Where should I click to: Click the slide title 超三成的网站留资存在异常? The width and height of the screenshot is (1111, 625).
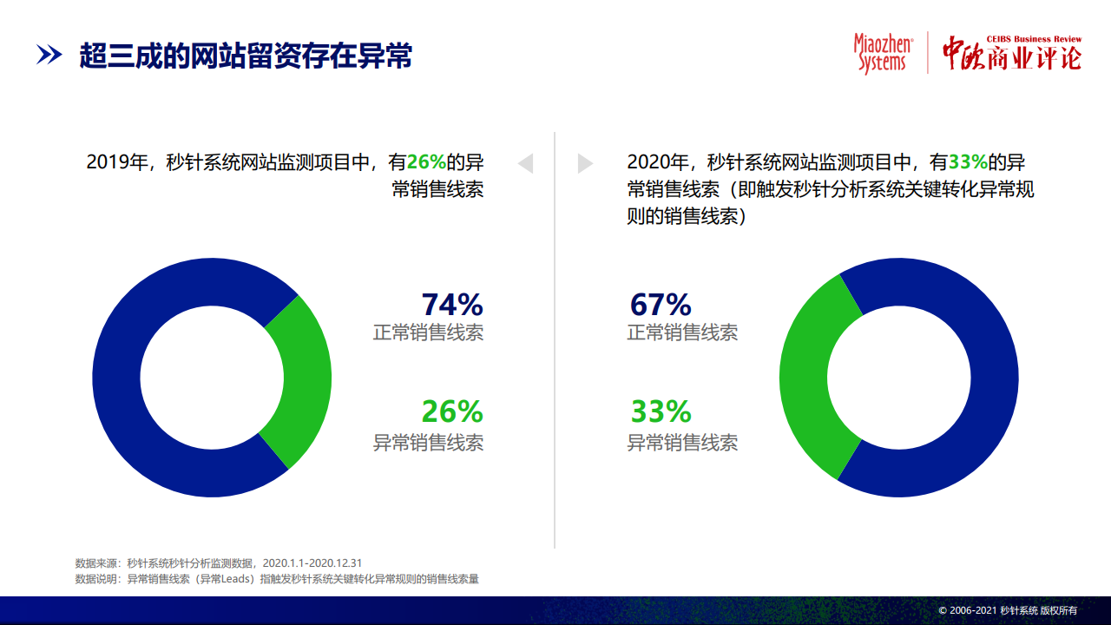246,55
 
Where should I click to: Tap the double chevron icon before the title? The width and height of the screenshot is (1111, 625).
49,55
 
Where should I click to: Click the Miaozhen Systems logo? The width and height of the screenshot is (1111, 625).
884,54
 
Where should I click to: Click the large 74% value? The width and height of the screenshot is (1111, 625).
452,304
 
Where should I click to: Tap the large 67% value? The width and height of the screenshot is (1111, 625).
661,304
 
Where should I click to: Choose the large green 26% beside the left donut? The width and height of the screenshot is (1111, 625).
452,411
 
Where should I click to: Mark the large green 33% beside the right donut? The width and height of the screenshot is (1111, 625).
661,411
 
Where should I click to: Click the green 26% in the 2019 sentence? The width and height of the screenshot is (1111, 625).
426,162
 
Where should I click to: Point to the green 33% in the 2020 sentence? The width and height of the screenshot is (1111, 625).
968,162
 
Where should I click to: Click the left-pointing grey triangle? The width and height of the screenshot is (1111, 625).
526,163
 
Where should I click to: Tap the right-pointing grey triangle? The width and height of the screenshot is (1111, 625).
585,163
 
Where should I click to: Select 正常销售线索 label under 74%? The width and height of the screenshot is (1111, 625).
428,332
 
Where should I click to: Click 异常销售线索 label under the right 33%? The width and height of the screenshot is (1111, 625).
682,443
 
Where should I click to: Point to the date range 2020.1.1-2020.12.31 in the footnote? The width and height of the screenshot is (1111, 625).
312,563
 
